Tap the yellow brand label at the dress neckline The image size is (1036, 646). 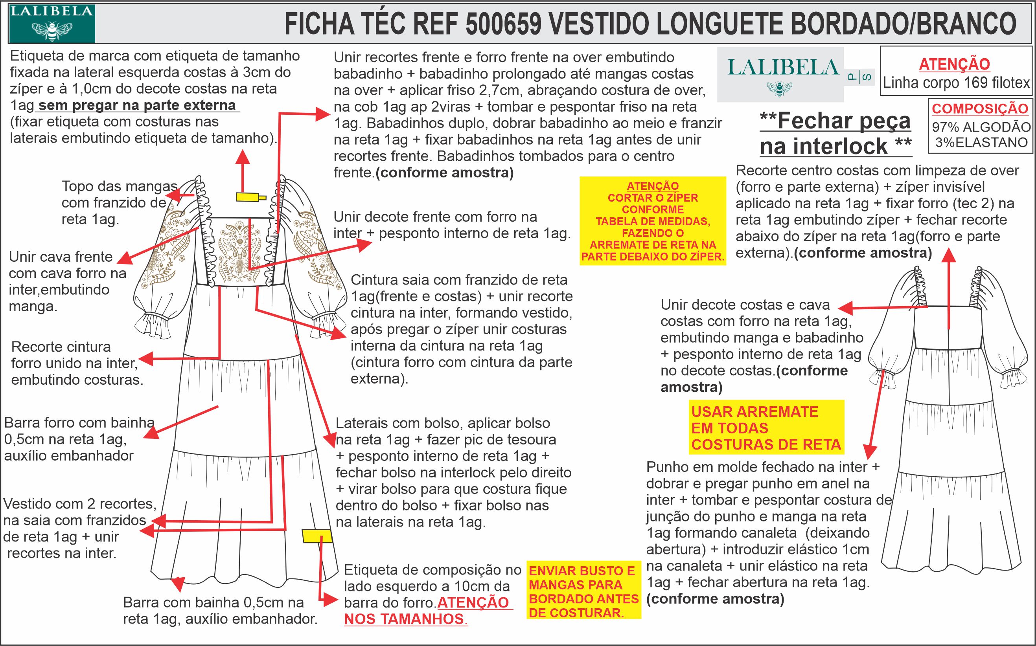[248, 197]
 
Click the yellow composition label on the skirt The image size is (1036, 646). [317, 536]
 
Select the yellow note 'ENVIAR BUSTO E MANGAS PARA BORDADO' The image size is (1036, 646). [584, 592]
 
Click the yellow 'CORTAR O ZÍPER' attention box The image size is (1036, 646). [653, 221]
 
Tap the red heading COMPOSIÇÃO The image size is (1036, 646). [980, 108]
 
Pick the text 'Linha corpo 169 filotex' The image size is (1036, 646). [957, 83]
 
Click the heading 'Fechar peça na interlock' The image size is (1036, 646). [835, 134]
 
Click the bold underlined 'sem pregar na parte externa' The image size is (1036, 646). [137, 105]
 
